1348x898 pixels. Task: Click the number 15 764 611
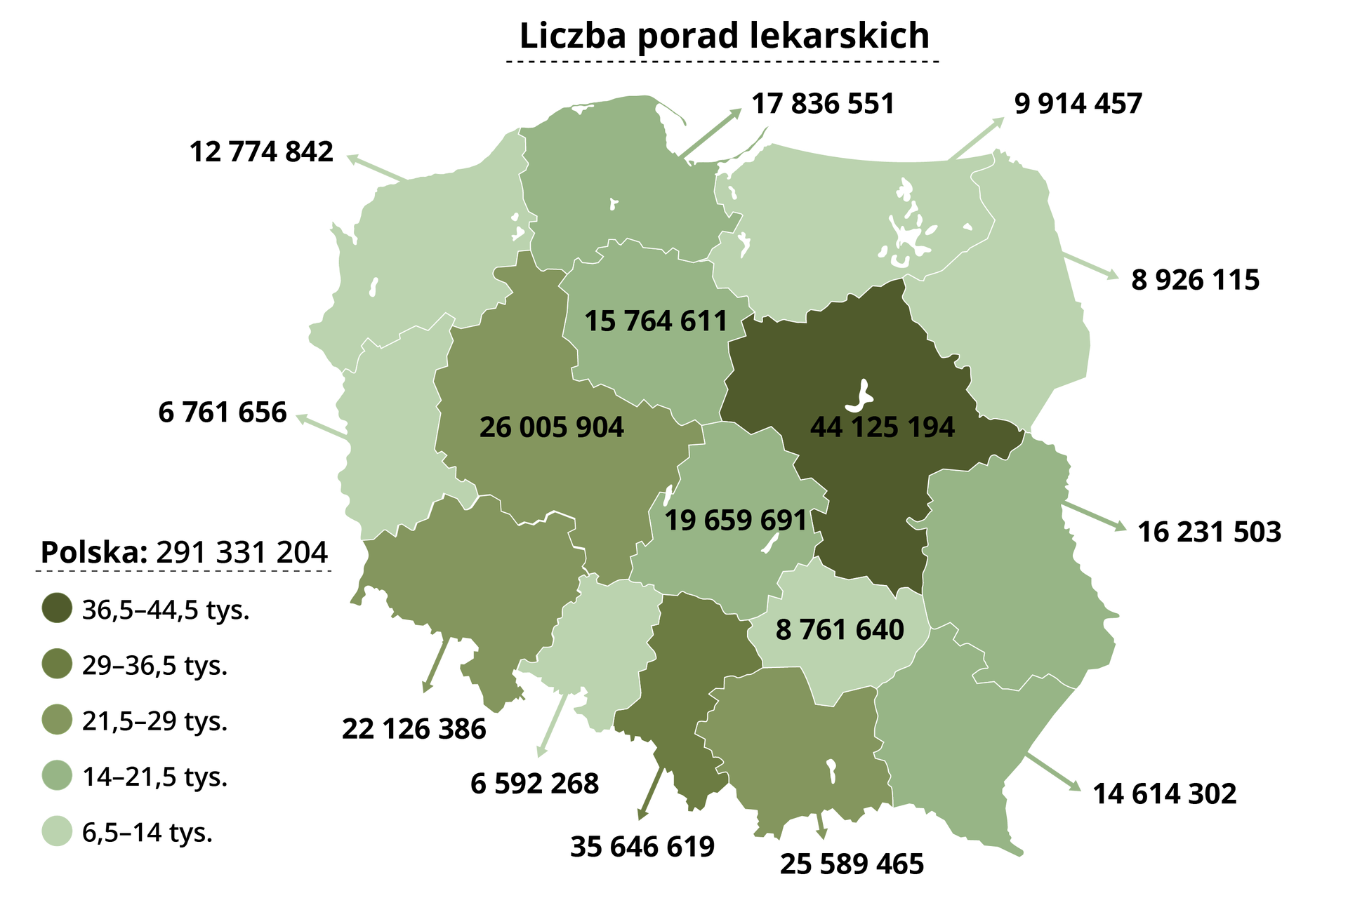tap(656, 321)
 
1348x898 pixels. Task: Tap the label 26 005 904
tap(551, 427)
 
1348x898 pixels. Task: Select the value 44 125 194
tap(882, 427)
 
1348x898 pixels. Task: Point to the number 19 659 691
tap(735, 521)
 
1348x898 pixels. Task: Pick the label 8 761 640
tap(840, 630)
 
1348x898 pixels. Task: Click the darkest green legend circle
tap(57, 608)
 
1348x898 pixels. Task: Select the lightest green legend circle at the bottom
tap(57, 831)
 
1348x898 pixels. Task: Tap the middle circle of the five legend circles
tap(57, 719)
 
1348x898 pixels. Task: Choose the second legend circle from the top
tap(57, 663)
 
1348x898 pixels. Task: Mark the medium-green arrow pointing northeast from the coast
tap(712, 131)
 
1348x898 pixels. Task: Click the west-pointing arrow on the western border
tap(319, 427)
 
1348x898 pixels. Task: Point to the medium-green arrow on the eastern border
tap(1097, 517)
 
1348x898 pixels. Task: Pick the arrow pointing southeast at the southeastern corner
tap(1055, 773)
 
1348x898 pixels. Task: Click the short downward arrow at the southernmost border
tap(821, 828)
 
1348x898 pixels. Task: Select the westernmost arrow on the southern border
tap(433, 666)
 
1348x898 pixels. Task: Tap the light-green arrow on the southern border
tap(552, 726)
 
